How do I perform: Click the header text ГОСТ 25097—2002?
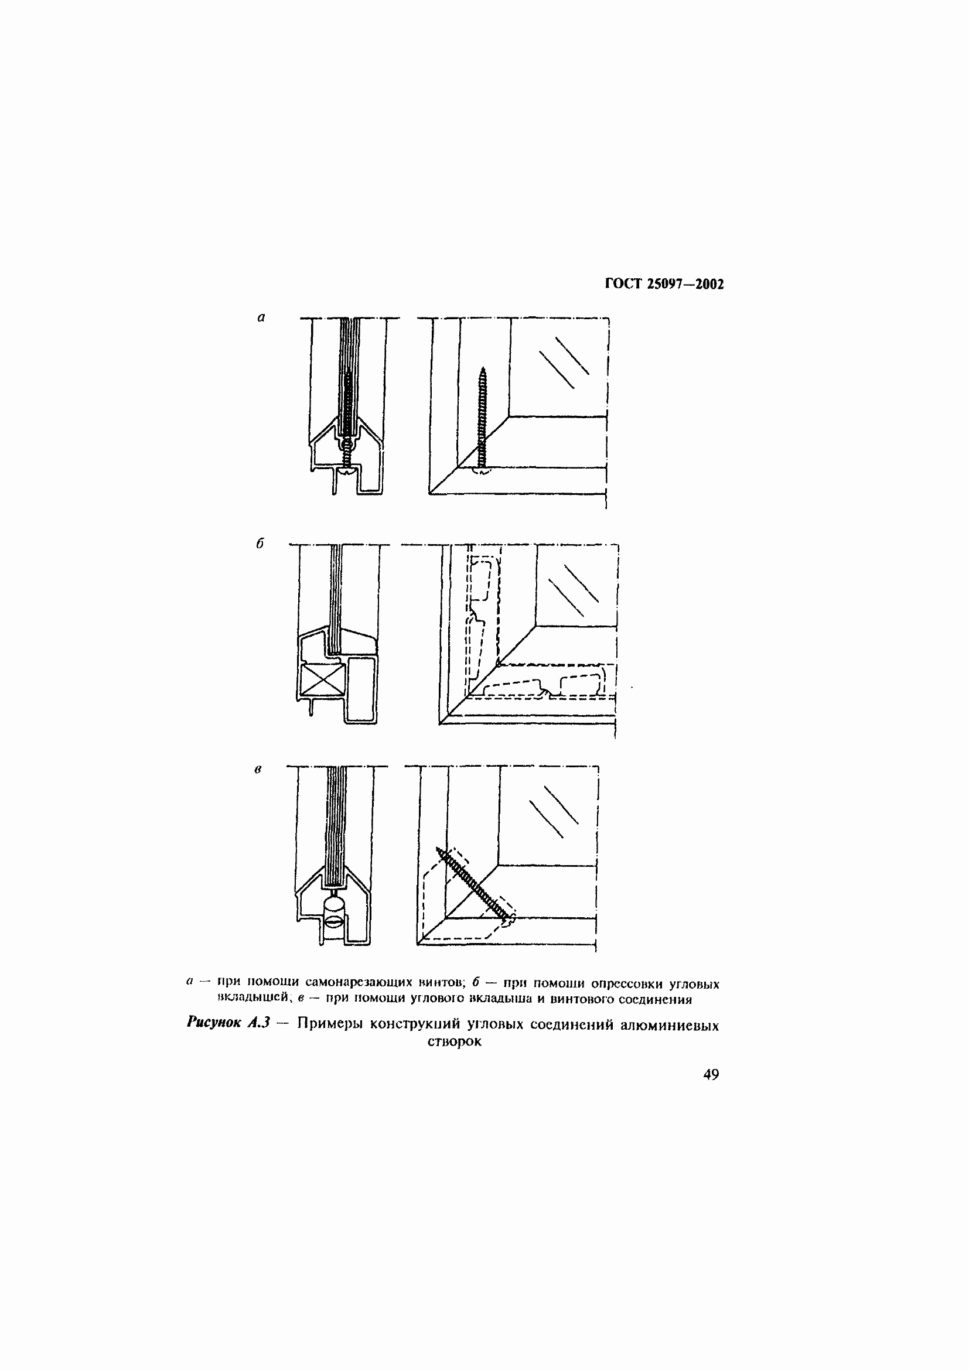point(664,284)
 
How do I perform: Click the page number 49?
point(711,1075)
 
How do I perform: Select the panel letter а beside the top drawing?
point(261,317)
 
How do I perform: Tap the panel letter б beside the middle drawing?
point(260,544)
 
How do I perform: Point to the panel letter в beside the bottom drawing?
point(258,770)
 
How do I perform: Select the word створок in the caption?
point(454,1042)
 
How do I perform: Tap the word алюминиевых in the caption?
point(670,1025)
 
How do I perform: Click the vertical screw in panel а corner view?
point(482,418)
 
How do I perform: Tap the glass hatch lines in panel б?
point(573,590)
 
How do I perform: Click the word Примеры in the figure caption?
point(330,1024)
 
